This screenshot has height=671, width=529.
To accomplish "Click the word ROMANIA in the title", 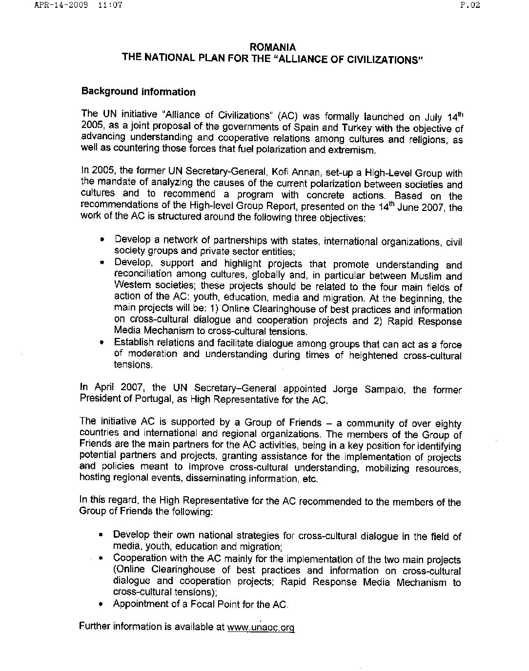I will click(272, 48).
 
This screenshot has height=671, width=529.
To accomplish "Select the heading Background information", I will click(138, 92).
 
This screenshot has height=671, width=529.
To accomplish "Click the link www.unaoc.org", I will click(261, 628).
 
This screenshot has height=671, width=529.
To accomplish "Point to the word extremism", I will click(350, 150).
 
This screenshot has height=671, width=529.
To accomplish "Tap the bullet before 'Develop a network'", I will click(102, 240).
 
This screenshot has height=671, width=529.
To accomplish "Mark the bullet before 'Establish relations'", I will click(102, 344).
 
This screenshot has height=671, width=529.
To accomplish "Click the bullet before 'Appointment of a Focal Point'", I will click(101, 605).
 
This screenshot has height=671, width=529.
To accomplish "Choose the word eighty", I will click(448, 424).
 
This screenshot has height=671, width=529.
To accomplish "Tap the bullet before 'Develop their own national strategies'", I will click(101, 535).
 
